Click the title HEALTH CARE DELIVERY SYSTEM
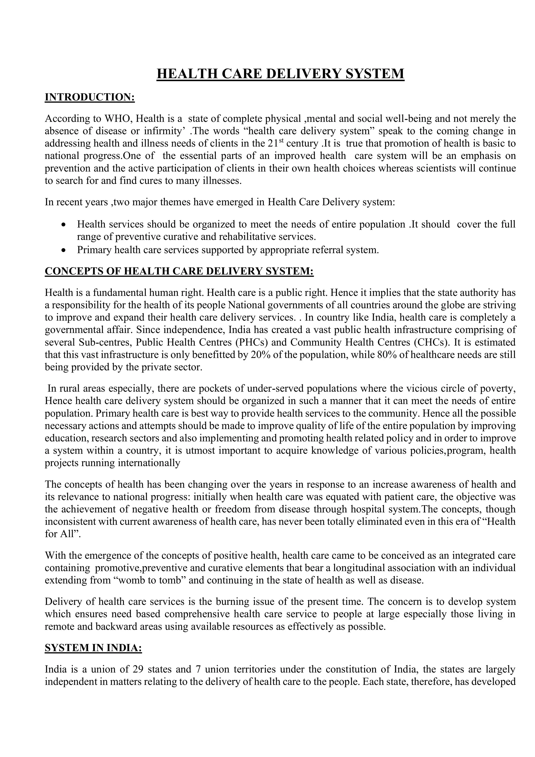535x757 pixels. point(280,73)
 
